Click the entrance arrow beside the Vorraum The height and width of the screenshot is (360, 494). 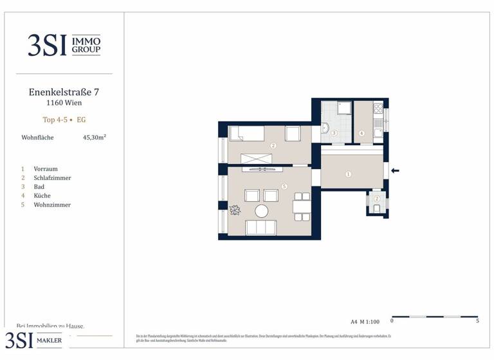click(x=396, y=170)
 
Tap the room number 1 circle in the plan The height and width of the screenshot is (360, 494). click(x=348, y=174)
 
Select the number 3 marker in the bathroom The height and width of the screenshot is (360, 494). click(x=334, y=132)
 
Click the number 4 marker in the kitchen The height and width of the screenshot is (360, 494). click(x=361, y=134)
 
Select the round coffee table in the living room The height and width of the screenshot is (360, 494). click(x=262, y=211)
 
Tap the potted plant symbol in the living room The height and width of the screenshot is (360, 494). click(x=235, y=210)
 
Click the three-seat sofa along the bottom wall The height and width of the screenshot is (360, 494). click(x=262, y=228)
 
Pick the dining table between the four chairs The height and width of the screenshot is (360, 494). click(x=300, y=207)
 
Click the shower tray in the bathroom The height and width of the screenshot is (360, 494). click(x=345, y=108)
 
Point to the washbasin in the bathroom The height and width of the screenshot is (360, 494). click(x=325, y=129)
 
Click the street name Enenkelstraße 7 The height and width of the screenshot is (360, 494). click(x=64, y=92)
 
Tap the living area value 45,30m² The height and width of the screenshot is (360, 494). click(x=95, y=137)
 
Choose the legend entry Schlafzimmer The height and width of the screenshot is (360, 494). click(x=52, y=178)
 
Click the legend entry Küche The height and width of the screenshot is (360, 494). click(x=42, y=196)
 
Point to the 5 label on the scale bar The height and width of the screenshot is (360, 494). click(x=477, y=321)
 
